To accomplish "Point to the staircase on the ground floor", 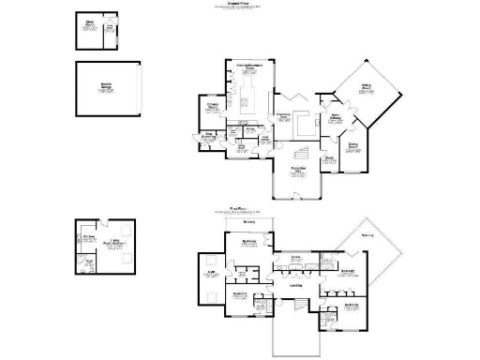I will click(x=303, y=153).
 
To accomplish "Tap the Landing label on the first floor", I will click(x=296, y=285).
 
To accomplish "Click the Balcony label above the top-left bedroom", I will click(x=248, y=222).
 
